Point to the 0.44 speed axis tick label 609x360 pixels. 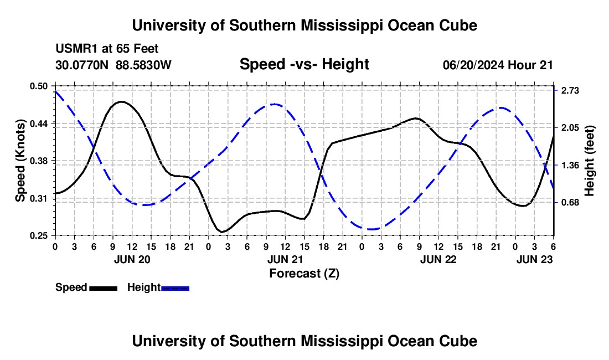pyautogui.click(x=40, y=123)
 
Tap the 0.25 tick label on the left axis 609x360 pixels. pyautogui.click(x=40, y=235)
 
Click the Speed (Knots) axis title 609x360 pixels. pyautogui.click(x=20, y=161)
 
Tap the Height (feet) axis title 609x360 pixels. pyautogui.click(x=590, y=161)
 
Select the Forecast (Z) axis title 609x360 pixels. pyautogui.click(x=304, y=273)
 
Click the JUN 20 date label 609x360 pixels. pyautogui.click(x=131, y=259)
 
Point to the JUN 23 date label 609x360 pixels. pyautogui.click(x=534, y=259)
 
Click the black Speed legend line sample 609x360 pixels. pyautogui.click(x=103, y=287)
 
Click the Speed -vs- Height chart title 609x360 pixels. pyautogui.click(x=304, y=64)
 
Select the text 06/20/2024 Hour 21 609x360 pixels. pyautogui.click(x=498, y=65)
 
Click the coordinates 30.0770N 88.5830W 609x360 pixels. pyautogui.click(x=113, y=65)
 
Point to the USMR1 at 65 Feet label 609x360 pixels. pyautogui.click(x=107, y=49)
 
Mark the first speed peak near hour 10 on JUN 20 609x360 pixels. pyautogui.click(x=121, y=102)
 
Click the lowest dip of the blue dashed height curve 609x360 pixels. pyautogui.click(x=371, y=229)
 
